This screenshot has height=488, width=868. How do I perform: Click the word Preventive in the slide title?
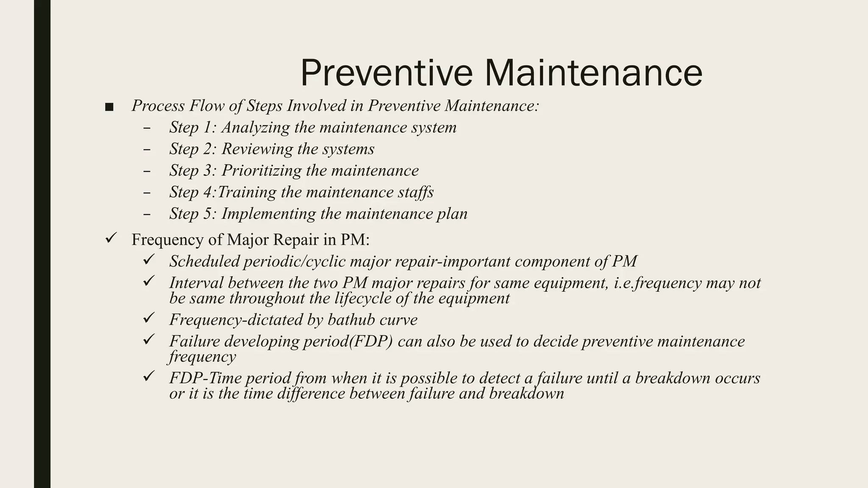(x=386, y=73)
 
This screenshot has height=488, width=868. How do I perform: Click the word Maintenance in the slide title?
(x=593, y=73)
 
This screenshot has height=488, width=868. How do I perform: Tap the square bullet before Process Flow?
(x=109, y=107)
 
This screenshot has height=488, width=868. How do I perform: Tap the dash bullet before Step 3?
(x=147, y=171)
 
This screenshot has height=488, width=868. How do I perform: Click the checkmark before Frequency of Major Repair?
(x=111, y=238)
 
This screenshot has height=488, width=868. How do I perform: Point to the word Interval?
(x=196, y=283)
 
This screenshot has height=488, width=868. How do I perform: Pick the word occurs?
(x=737, y=378)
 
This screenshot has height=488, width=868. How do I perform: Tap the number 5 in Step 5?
(x=208, y=214)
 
